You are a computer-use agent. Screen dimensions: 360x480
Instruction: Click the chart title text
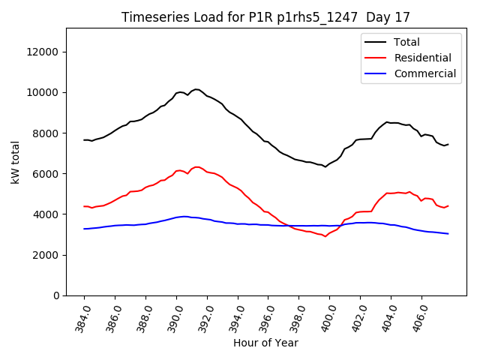(266, 17)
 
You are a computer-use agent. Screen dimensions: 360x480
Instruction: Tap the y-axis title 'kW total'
(16, 162)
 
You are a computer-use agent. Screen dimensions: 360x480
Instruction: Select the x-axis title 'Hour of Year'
(265, 343)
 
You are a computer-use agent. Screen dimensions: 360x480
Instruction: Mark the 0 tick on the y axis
(57, 295)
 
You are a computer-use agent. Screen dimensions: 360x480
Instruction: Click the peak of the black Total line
(196, 89)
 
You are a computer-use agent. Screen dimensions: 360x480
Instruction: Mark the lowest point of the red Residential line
(325, 236)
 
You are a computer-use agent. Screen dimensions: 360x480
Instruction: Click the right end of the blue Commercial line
(448, 234)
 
